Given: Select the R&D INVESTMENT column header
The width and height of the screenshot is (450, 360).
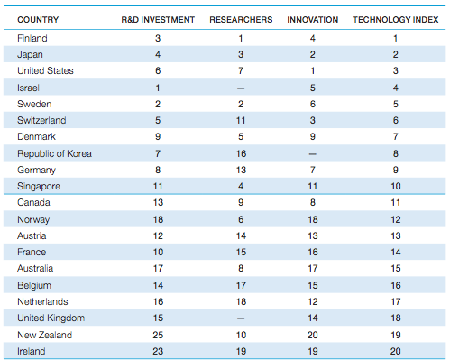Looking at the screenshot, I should (158, 19).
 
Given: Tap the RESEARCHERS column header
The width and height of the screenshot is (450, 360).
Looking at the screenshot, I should (240, 19).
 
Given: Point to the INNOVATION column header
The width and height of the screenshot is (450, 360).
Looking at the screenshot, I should (313, 19).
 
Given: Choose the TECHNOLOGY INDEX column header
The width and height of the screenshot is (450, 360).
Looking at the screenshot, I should (394, 19).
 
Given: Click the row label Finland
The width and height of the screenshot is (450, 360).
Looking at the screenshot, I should (32, 39).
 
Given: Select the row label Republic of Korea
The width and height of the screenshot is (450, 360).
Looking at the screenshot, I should (54, 153).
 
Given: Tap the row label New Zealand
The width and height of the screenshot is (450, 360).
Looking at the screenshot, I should (45, 335).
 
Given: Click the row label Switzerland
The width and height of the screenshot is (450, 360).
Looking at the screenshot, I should (41, 121).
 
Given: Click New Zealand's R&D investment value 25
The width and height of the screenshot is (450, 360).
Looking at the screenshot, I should (159, 335).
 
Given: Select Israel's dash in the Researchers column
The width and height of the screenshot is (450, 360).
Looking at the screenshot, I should (240, 88).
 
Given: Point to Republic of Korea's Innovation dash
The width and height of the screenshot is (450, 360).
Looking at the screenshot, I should (313, 153).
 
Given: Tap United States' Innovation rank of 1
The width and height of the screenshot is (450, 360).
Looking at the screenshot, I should (313, 71).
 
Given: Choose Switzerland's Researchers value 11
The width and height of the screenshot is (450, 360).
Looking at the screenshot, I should (240, 121).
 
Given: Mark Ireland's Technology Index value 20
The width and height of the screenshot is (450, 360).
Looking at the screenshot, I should (394, 351).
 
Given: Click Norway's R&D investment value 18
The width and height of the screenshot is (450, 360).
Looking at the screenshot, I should (159, 219).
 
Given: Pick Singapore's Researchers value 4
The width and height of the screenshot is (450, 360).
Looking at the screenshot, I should (240, 187).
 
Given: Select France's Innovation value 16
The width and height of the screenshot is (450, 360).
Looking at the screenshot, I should (313, 253).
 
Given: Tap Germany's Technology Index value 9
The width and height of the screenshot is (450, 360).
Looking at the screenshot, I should (394, 170).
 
